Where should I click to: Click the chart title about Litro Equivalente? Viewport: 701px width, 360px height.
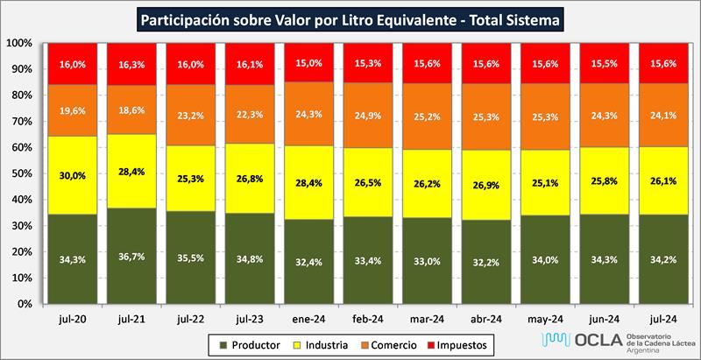coord(350,18)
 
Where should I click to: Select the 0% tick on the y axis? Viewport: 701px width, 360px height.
coord(25,304)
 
